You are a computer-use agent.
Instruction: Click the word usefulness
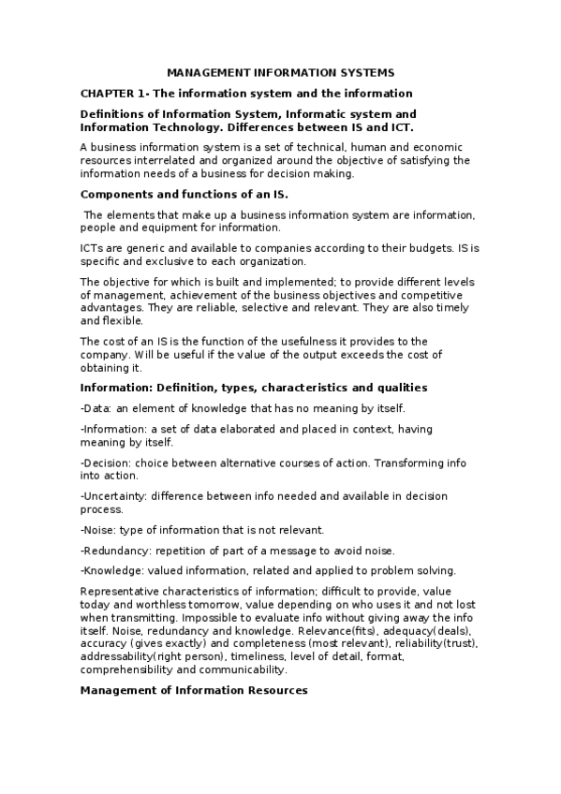tap(295, 341)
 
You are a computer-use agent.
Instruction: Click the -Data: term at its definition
tap(96, 409)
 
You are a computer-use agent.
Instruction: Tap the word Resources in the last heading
tap(273, 690)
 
